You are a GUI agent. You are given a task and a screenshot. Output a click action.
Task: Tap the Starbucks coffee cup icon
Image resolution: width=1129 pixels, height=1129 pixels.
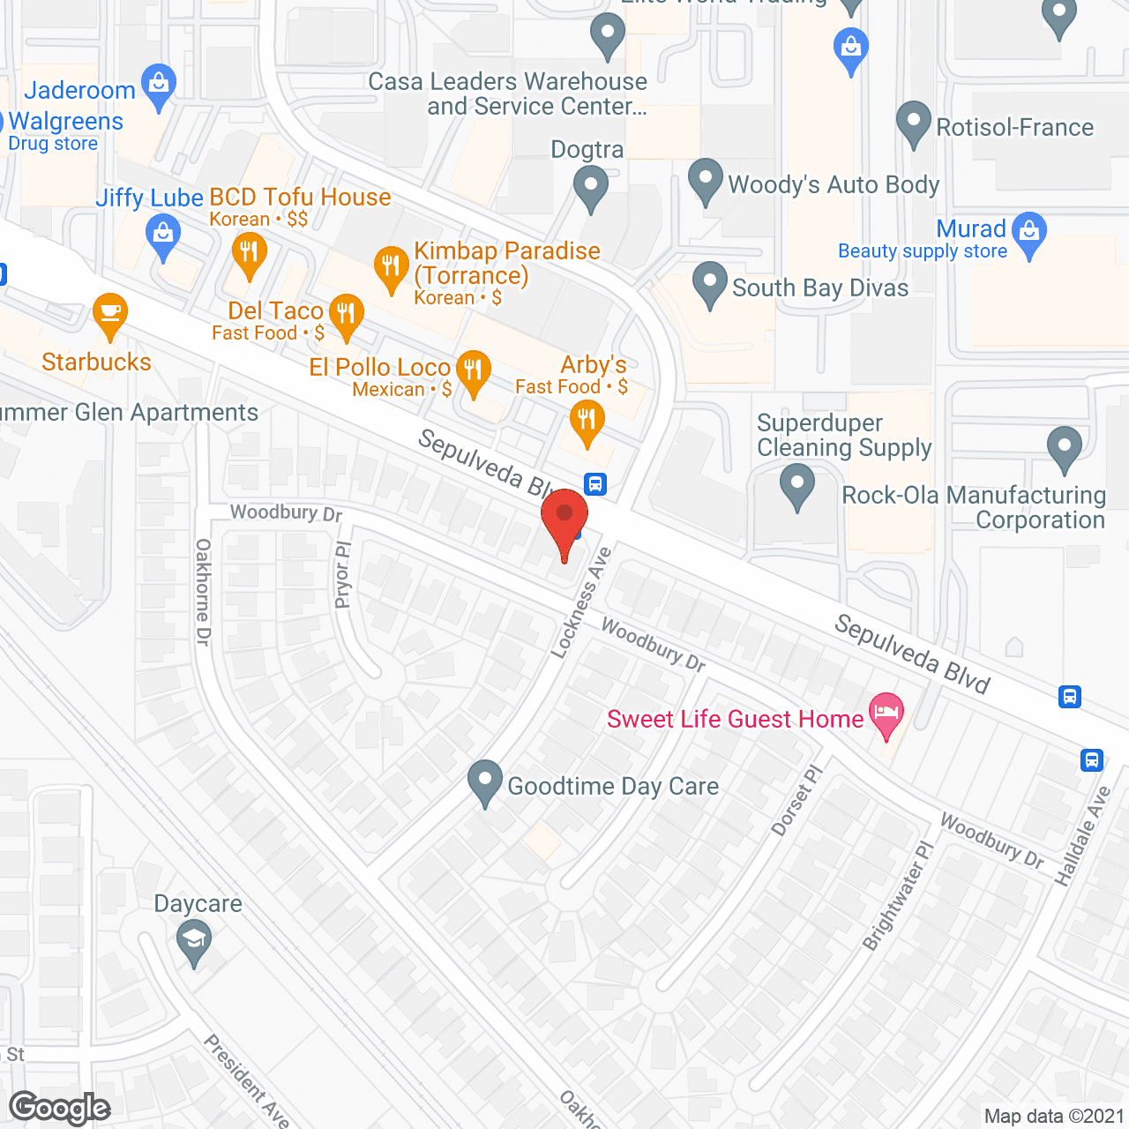coord(109,314)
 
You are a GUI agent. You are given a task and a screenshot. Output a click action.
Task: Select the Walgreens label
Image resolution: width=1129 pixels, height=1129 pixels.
coord(66,122)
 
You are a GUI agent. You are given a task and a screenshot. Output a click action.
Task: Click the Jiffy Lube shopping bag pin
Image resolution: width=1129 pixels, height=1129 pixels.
coord(163,236)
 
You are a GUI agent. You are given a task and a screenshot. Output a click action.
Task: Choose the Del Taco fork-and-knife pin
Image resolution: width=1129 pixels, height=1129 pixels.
coord(346,314)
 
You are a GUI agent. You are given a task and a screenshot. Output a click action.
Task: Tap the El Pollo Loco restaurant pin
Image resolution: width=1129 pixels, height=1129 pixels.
coord(474,370)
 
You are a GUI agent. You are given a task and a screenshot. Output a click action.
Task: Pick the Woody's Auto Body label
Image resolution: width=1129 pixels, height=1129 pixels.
coord(833,185)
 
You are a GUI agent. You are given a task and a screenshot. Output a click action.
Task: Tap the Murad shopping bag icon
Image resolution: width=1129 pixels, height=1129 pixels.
coord(1029,232)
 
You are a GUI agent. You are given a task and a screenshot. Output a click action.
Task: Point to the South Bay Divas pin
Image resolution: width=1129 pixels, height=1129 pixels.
coord(710,283)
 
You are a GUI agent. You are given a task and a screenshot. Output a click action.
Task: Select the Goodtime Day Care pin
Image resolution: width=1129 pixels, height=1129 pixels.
coord(484,781)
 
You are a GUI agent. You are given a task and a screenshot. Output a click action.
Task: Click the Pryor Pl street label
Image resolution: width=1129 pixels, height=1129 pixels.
coord(342,575)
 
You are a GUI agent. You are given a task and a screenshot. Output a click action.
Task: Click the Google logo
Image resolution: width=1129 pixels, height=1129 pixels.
coord(60,1108)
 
